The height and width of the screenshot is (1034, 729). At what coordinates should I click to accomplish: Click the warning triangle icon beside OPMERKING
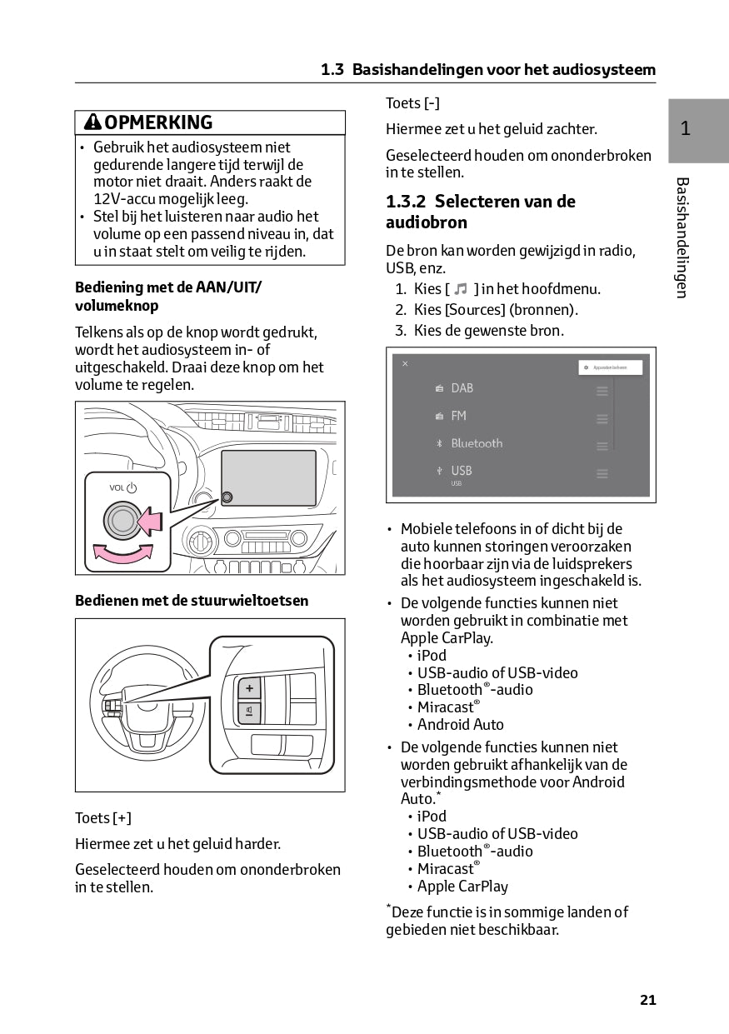pos(92,122)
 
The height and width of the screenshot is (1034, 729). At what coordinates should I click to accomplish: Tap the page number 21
pos(648,1000)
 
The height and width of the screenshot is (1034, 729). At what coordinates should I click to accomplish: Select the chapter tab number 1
pos(685,128)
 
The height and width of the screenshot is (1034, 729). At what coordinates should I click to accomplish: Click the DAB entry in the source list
pos(462,388)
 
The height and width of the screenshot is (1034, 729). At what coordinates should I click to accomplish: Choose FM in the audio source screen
pos(458,416)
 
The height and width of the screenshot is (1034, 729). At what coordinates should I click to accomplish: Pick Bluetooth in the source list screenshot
pos(477,443)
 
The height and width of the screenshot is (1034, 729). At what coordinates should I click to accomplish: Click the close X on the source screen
pos(405,364)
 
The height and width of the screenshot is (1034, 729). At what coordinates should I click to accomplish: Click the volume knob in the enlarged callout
pos(122,521)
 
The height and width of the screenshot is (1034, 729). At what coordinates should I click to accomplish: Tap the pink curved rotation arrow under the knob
pos(123,552)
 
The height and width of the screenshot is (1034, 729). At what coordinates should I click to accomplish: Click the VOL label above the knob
pos(117,487)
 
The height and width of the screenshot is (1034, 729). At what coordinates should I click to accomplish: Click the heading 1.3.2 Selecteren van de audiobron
pos(480,212)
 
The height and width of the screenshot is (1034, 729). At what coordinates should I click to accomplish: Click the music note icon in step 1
pos(461,289)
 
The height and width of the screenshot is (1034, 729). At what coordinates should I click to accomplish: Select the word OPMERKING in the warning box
pos(158,122)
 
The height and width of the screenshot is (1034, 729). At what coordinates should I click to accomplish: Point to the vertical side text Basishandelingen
pos(682,237)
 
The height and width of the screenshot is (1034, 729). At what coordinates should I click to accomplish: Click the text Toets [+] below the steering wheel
pos(103,818)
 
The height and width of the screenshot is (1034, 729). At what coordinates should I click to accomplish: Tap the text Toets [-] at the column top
pos(412,103)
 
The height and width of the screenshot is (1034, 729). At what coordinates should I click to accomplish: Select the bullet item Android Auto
pos(460,725)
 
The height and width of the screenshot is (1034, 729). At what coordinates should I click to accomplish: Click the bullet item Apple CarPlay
pos(462,887)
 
